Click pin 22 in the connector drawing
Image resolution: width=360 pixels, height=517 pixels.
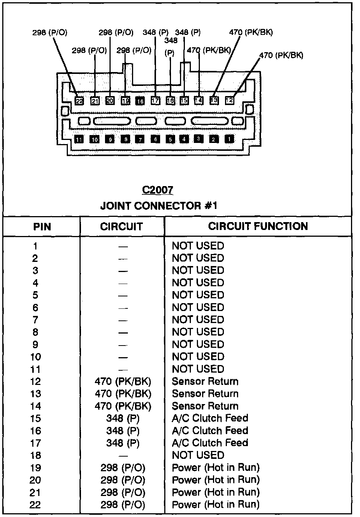[79, 101]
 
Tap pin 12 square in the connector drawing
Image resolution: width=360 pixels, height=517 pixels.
[229, 100]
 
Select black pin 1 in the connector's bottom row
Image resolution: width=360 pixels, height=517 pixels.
[229, 139]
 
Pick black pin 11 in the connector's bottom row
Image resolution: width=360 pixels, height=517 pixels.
[79, 140]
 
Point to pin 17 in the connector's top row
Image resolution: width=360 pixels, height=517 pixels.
[155, 101]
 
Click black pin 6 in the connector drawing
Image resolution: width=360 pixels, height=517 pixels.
[155, 139]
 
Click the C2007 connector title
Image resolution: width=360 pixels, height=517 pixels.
[157, 190]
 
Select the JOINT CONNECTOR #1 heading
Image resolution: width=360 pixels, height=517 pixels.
[159, 206]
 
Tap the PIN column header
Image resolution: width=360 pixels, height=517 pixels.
[42, 227]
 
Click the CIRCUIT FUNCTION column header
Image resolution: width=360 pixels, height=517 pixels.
[258, 226]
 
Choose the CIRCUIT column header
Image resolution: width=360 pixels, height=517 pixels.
[121, 227]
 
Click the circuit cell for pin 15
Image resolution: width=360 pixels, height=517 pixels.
[123, 418]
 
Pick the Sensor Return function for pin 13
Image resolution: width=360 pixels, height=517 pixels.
[205, 394]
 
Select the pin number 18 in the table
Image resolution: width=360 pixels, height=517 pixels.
[35, 455]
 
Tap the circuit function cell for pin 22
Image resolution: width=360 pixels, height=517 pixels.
[216, 505]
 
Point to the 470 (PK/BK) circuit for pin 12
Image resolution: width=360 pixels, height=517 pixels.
[123, 382]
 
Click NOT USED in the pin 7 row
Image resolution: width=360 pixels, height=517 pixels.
[198, 320]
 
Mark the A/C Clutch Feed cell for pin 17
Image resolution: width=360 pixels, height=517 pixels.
[210, 443]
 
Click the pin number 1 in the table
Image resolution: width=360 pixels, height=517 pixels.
[35, 246]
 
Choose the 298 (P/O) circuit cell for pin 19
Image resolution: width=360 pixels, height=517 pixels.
[123, 468]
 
